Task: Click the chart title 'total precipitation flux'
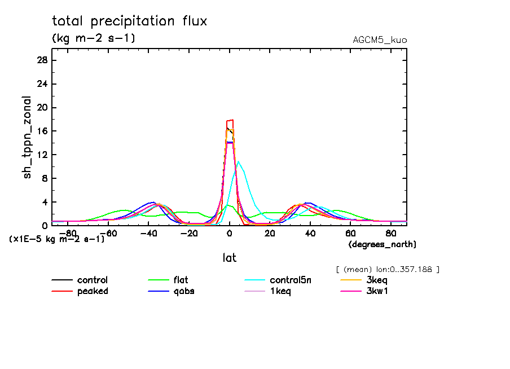[x=130, y=21]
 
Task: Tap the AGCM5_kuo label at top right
[x=379, y=40]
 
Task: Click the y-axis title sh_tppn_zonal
[x=27, y=137]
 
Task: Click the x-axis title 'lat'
[x=229, y=258]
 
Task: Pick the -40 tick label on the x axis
[x=148, y=232]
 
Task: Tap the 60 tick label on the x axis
[x=350, y=232]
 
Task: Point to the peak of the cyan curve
[x=239, y=162]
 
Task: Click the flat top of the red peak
[x=230, y=120]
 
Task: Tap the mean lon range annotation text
[x=387, y=269]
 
